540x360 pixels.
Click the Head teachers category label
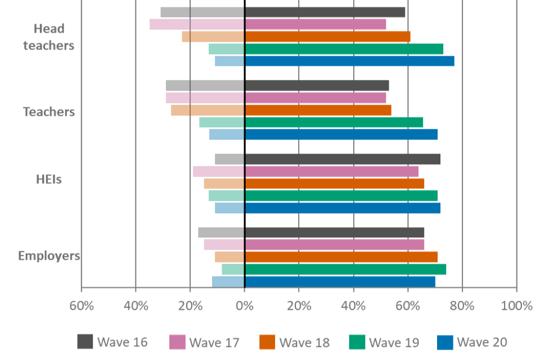click(49, 37)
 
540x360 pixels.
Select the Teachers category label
click(49, 112)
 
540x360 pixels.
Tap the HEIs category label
click(49, 180)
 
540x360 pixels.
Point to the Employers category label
click(49, 256)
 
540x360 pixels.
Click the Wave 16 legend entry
click(112, 342)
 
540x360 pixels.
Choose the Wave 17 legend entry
click(205, 342)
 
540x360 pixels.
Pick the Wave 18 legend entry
click(295, 342)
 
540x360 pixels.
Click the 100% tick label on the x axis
click(516, 306)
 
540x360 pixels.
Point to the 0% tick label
click(244, 306)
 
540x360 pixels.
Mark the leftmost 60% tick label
click(81, 306)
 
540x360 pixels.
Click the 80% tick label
click(462, 306)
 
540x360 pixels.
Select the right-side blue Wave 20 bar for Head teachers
click(349, 61)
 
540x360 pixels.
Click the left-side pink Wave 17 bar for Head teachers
click(197, 24)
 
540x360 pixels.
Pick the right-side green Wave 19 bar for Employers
click(345, 269)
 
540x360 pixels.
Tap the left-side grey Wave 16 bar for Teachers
click(205, 85)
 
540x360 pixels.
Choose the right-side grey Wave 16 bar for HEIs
click(343, 159)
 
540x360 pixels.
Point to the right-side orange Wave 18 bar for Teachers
click(318, 110)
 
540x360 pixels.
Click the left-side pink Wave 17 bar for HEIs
click(218, 172)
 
